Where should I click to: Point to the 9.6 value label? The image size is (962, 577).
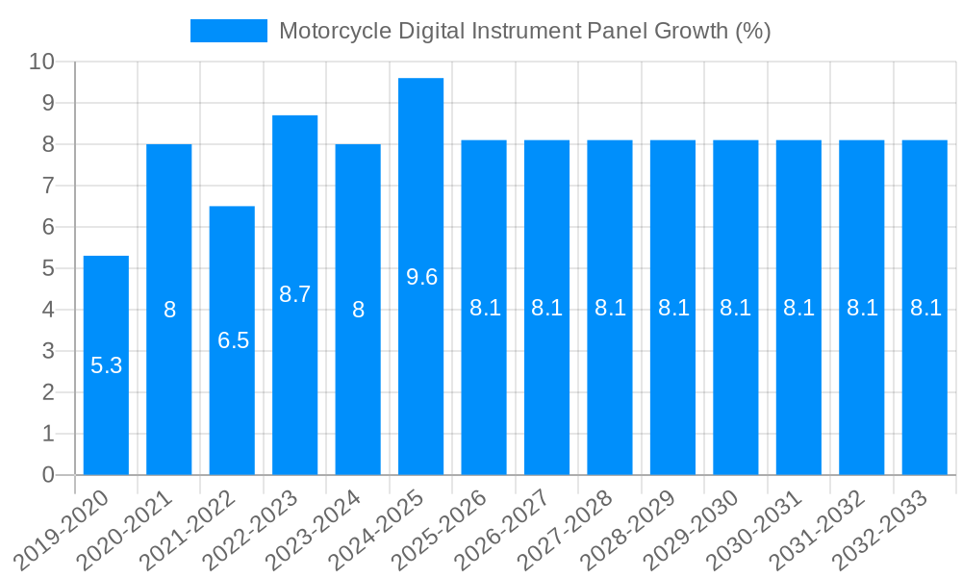tap(421, 277)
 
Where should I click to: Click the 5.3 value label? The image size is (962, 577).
tap(106, 365)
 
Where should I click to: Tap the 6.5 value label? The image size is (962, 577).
tap(233, 339)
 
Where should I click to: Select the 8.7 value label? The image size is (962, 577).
tap(295, 294)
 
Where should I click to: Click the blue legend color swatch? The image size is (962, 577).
tap(229, 31)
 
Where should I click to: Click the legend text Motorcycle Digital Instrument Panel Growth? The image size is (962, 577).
tap(524, 31)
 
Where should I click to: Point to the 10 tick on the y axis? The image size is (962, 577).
tap(42, 63)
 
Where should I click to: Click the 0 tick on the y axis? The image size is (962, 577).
tap(48, 475)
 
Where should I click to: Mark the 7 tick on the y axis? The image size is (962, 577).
tap(48, 186)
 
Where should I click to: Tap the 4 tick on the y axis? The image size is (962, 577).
tap(48, 310)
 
